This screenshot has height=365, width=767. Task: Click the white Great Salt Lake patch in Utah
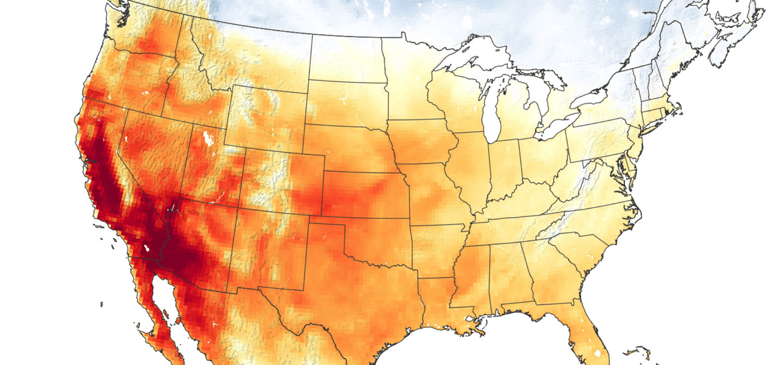(209, 138)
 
